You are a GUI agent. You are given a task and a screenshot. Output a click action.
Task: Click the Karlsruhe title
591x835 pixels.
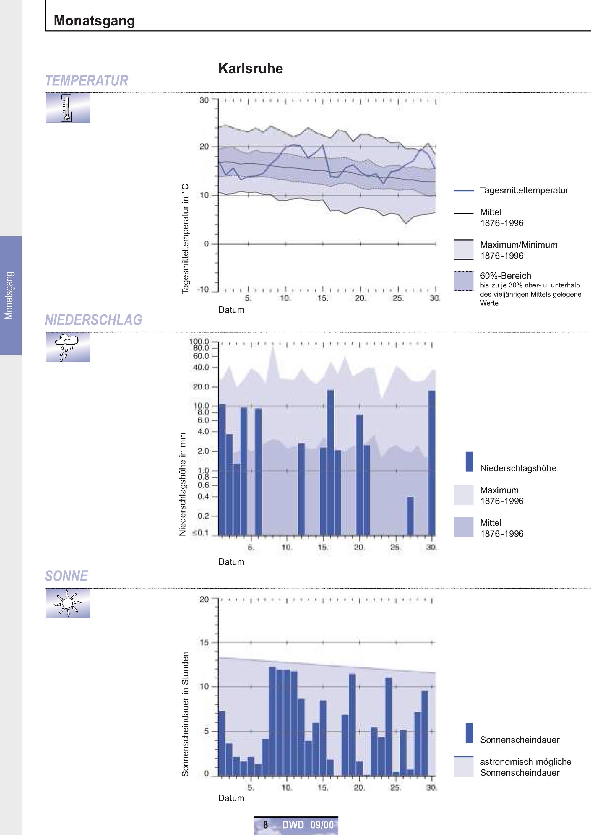(x=250, y=68)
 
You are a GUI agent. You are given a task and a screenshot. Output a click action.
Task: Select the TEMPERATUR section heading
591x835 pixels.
(x=87, y=80)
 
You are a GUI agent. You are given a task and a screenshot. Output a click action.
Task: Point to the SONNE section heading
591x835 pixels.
(x=66, y=576)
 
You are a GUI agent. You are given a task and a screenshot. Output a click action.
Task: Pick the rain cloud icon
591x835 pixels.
(x=68, y=347)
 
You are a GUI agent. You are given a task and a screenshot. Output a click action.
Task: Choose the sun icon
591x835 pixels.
(x=68, y=603)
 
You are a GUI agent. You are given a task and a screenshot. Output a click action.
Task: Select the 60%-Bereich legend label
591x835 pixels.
(x=506, y=275)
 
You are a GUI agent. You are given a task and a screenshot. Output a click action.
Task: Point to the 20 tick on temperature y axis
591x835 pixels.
(x=204, y=147)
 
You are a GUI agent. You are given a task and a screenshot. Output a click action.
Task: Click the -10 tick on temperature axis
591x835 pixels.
(x=203, y=290)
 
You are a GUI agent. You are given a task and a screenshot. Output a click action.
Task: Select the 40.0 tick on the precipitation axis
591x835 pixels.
(x=201, y=367)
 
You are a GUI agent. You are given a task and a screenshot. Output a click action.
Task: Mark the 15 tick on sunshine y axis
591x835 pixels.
(x=204, y=642)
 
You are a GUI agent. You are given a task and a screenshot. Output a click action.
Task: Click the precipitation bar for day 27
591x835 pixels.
(x=410, y=516)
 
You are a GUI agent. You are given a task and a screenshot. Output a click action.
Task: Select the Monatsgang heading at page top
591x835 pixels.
(x=94, y=20)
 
